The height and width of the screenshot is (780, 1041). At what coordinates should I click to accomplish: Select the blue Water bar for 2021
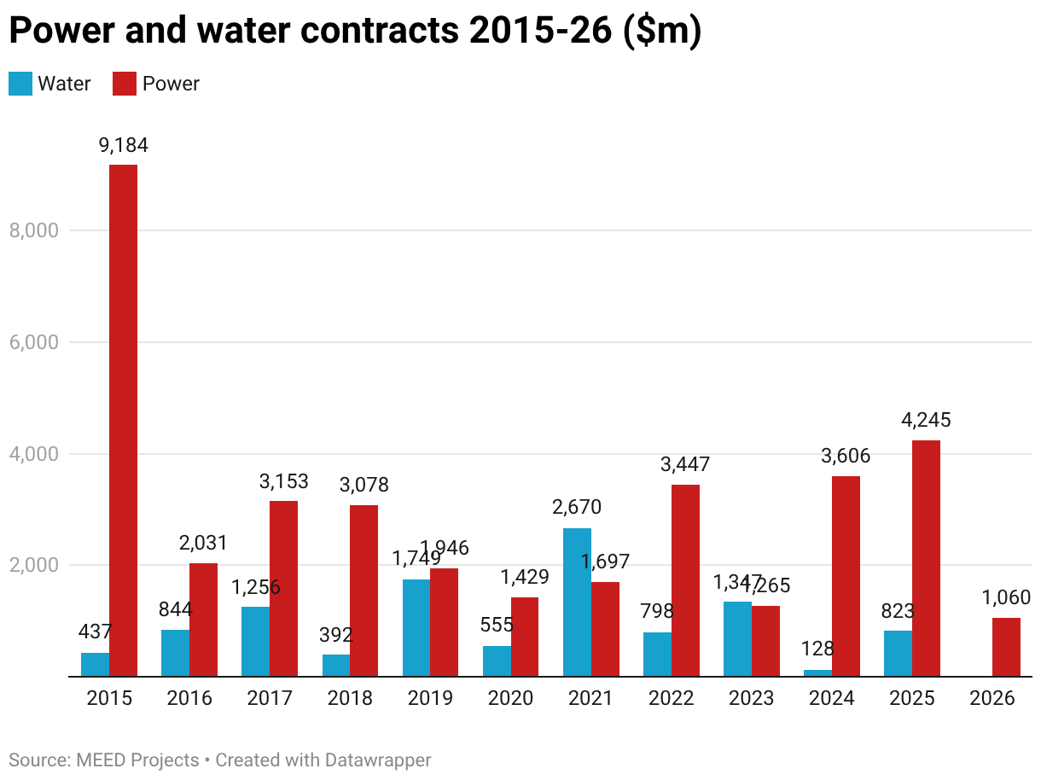[577, 602]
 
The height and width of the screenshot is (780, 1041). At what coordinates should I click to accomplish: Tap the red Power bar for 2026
[1006, 647]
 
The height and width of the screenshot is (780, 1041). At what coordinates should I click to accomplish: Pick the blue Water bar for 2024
[817, 673]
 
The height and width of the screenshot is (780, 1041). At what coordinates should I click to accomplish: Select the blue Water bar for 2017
[255, 641]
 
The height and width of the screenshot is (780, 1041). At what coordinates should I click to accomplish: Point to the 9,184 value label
[124, 145]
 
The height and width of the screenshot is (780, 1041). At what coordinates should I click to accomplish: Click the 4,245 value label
[926, 420]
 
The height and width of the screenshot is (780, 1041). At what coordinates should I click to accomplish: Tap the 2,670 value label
[577, 508]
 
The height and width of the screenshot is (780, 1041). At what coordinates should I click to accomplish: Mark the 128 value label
[817, 649]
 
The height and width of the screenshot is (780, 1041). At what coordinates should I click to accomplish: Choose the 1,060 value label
[1006, 597]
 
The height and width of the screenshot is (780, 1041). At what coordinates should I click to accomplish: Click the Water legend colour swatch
[20, 84]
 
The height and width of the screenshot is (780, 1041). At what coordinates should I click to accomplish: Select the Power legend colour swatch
[125, 84]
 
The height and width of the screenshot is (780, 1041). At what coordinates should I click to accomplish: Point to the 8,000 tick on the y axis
[33, 230]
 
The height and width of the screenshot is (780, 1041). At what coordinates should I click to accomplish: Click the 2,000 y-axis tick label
[33, 565]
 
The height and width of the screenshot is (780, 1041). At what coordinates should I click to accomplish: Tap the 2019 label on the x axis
[430, 698]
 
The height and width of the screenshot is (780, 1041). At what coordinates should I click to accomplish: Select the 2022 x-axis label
[671, 698]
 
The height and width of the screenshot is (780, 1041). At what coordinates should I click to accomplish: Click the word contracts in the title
[383, 31]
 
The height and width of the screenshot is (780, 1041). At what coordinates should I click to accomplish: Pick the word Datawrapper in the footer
[380, 760]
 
